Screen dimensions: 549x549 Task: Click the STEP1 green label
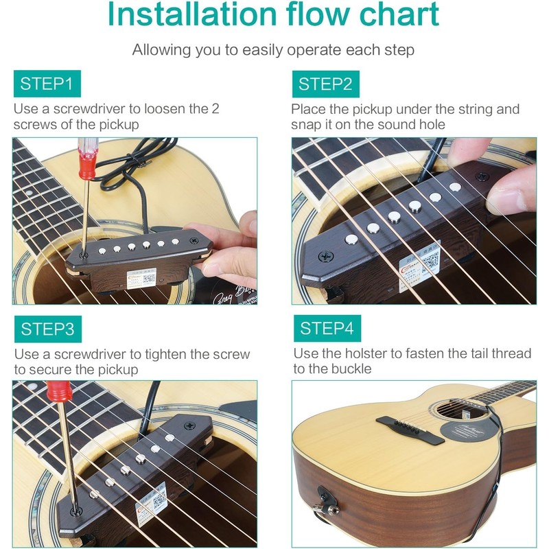[x=46, y=84]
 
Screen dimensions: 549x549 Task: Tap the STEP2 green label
[x=325, y=84]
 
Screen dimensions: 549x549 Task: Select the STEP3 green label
[x=47, y=329]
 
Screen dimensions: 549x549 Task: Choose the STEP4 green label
[x=327, y=329]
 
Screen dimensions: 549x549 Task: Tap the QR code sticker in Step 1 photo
[x=148, y=279]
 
